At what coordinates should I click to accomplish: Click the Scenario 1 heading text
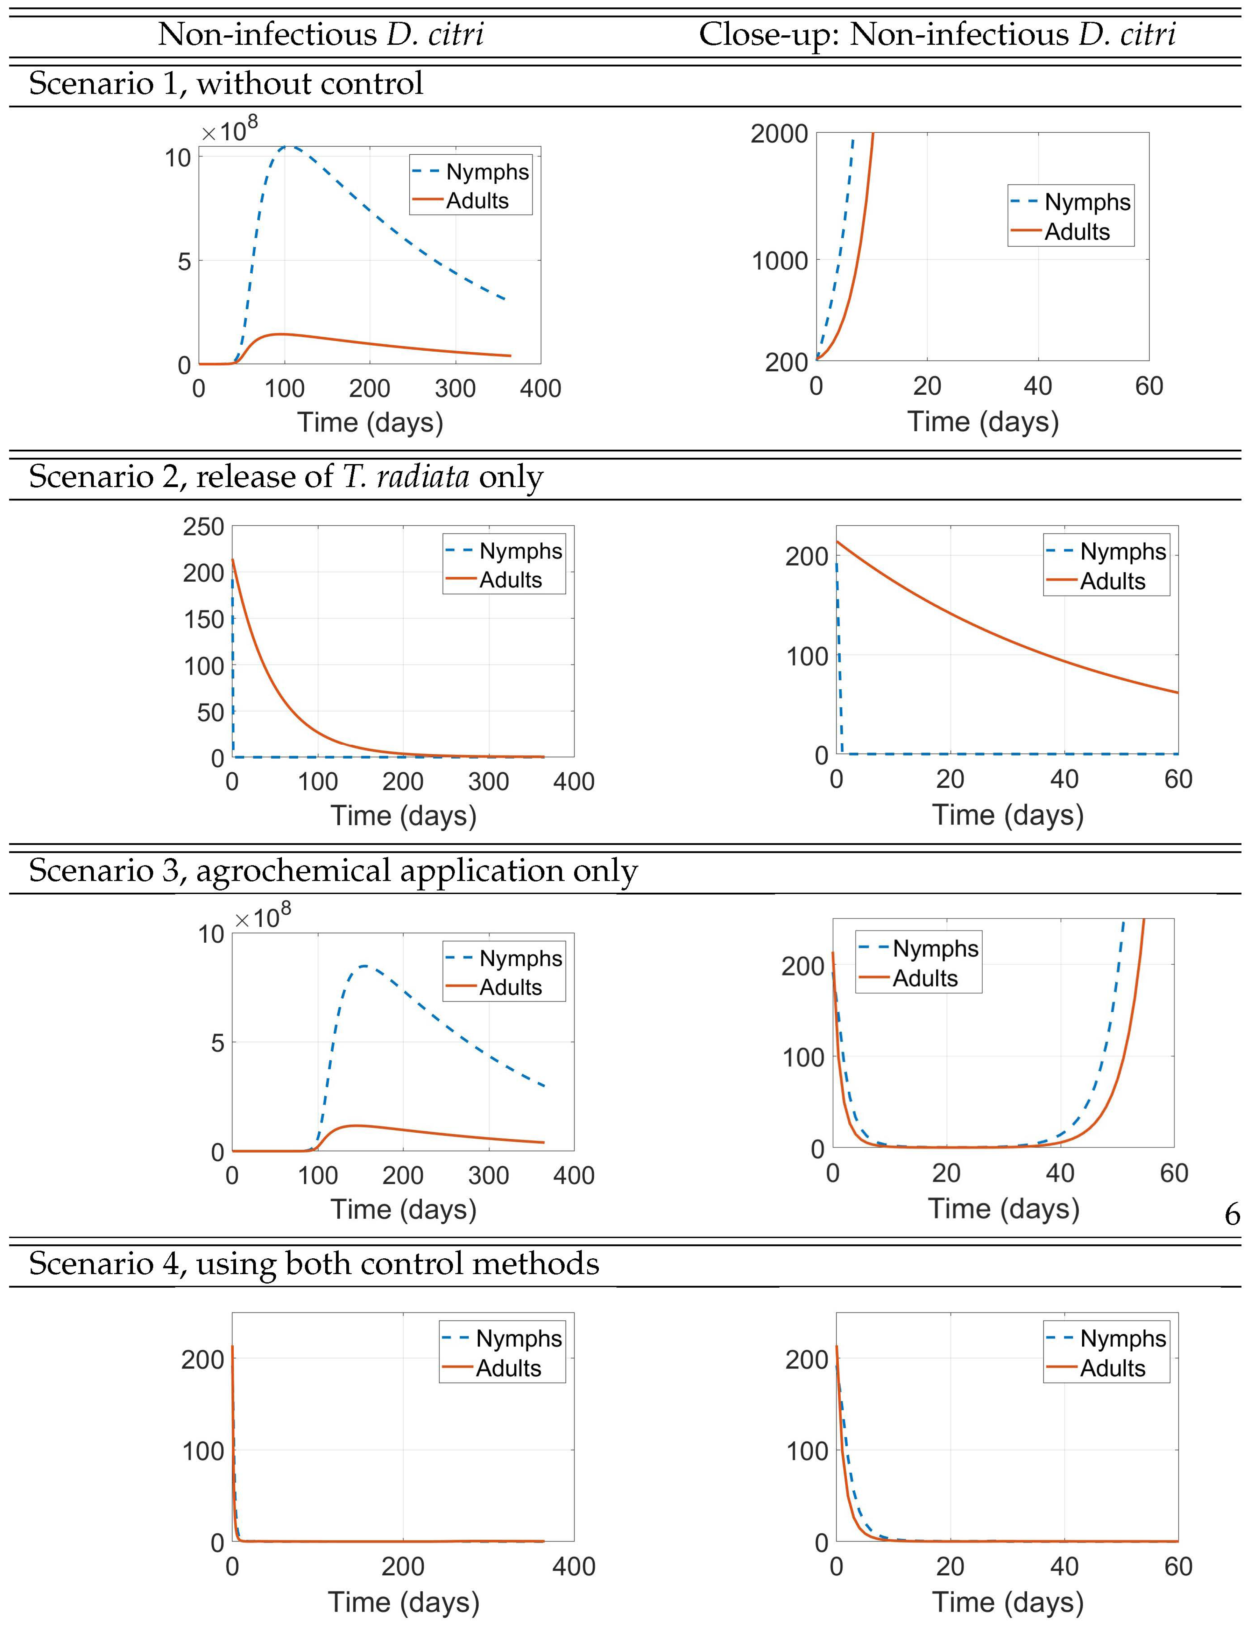click(226, 83)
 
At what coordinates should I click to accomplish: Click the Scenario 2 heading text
click(286, 477)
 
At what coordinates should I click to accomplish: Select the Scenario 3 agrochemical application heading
click(333, 870)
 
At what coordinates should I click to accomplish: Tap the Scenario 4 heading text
click(313, 1264)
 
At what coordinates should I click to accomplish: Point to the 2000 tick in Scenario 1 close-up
click(779, 134)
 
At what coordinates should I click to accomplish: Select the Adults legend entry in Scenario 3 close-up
click(924, 978)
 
